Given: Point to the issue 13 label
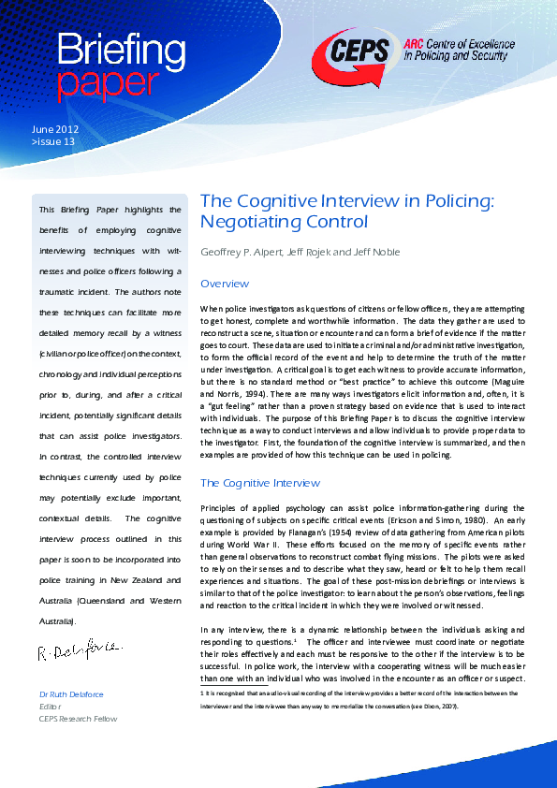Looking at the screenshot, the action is (53, 141).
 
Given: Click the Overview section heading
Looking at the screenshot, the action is (226, 284).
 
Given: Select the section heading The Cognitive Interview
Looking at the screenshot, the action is (260, 483).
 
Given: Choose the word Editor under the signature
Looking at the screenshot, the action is (51, 706).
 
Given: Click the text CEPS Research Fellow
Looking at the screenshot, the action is (79, 719).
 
